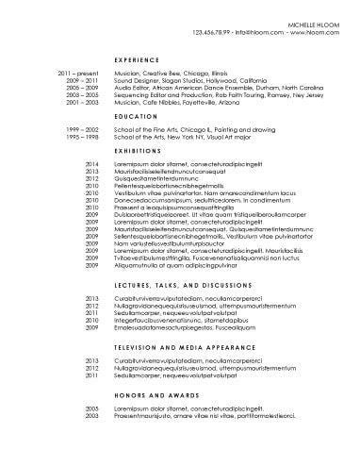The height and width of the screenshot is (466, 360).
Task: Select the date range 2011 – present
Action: point(78,73)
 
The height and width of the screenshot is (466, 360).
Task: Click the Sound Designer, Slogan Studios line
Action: point(188,80)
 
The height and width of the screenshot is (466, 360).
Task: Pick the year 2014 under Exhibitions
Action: point(92,164)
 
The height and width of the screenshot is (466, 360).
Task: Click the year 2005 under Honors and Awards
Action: point(92,408)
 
